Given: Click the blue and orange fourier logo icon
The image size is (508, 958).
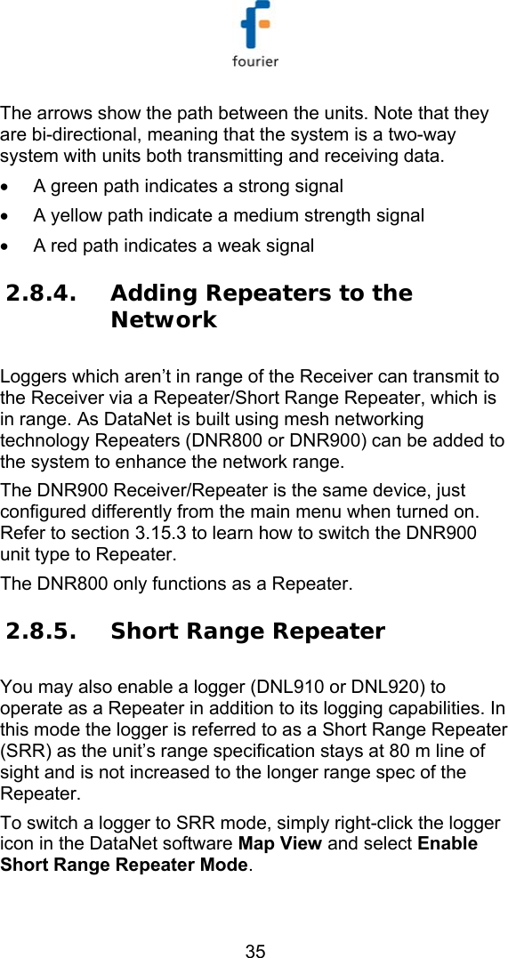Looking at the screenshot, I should coord(255,27).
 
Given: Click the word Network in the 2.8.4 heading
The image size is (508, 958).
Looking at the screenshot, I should coord(164,320).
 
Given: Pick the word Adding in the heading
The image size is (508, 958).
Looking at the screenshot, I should coord(155,294).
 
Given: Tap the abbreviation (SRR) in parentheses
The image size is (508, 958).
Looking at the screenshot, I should coord(22,752).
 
